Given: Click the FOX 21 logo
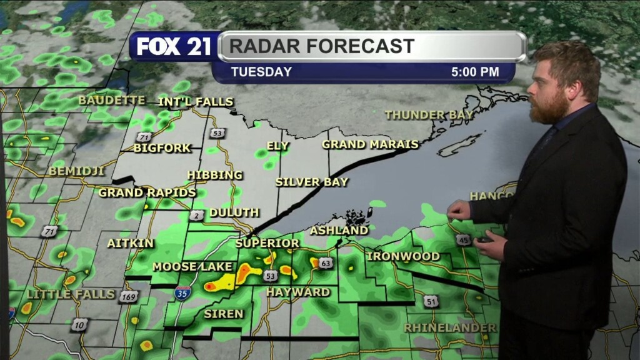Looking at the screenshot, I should point(174,47).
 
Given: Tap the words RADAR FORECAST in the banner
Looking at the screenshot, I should point(322,46).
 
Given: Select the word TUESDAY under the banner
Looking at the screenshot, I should point(261,72).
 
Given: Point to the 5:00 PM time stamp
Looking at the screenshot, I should point(475,72).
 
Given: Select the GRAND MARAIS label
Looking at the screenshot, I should point(370,144).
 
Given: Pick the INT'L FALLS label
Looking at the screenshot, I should point(196,101).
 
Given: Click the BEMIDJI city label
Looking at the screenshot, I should point(76,171).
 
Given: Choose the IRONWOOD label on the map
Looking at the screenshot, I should point(403,256).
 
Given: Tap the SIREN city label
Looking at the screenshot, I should point(223,314).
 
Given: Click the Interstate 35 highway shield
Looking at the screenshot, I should point(180,294).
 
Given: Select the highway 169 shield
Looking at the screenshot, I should point(127,296).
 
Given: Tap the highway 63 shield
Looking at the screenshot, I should point(325,263).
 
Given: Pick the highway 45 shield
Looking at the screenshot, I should point(462,239).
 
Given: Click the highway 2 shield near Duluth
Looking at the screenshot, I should point(195,216).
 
